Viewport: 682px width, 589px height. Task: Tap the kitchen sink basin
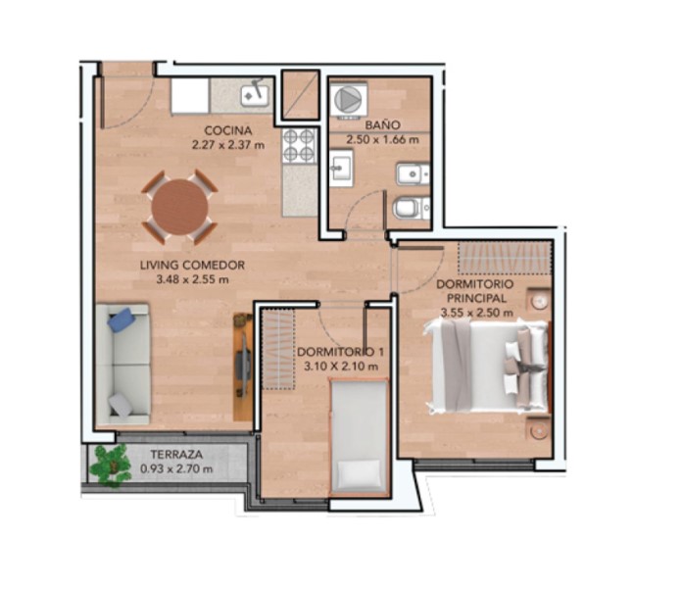coord(256,95)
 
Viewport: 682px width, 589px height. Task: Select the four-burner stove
coord(299,145)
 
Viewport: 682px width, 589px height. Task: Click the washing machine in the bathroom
coord(348,99)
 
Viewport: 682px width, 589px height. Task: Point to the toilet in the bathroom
coord(411,208)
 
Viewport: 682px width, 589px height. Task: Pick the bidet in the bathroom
coord(413,174)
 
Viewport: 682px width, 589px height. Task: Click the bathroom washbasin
coord(341,168)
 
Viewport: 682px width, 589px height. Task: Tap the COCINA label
coord(228,130)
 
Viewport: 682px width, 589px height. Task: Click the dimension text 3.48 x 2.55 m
coord(192,279)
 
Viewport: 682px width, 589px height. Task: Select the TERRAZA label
coord(176,455)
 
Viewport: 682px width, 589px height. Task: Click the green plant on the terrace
coord(110,465)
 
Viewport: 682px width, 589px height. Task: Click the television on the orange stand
coord(242,366)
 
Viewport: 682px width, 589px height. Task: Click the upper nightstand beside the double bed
coord(539,301)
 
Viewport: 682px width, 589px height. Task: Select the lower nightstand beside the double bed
coord(539,430)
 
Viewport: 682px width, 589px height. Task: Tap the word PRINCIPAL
coord(476,298)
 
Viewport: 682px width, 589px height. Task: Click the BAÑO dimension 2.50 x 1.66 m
coord(382,139)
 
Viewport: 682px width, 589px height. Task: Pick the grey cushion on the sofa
coord(121,406)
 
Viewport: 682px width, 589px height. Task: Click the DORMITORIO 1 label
coord(341,352)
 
